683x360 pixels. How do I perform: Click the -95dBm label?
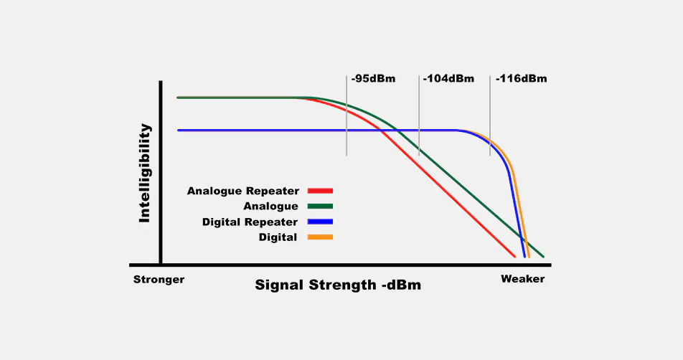click(373, 78)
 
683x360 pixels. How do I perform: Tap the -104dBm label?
click(448, 78)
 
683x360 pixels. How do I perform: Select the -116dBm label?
click(521, 78)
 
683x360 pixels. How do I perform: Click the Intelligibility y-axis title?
click(145, 173)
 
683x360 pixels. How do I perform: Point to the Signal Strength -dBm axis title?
click(338, 285)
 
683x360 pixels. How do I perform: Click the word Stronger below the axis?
click(159, 279)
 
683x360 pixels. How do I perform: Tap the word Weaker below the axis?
click(522, 279)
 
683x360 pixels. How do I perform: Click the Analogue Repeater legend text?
click(242, 191)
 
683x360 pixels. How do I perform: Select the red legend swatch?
click(320, 191)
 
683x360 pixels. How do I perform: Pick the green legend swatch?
click(320, 207)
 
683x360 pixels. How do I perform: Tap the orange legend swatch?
click(320, 237)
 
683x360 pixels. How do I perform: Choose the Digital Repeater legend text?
click(250, 222)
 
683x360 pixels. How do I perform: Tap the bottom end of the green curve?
click(542, 255)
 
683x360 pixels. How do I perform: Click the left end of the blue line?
click(179, 131)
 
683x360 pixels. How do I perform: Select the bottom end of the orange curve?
click(528, 255)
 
